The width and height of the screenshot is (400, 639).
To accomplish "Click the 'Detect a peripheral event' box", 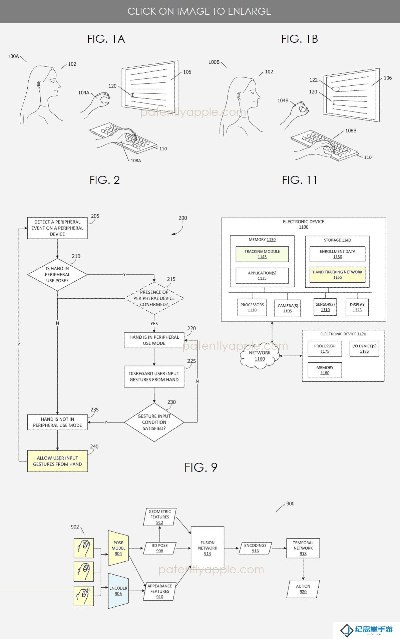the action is pyautogui.click(x=57, y=228).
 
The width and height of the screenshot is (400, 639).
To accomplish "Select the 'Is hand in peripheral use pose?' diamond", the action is pyautogui.click(x=57, y=275).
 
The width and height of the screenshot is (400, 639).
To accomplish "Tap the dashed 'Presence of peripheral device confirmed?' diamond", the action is pyautogui.click(x=154, y=298).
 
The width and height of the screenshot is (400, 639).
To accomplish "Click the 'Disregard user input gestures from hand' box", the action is pyautogui.click(x=154, y=376).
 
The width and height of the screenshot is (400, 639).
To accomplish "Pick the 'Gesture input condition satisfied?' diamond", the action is pyautogui.click(x=154, y=422).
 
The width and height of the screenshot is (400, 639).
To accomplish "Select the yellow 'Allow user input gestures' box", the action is pyautogui.click(x=57, y=461).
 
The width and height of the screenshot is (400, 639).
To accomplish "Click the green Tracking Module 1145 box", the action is pyautogui.click(x=262, y=254).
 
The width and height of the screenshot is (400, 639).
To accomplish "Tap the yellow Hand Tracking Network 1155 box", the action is pyautogui.click(x=338, y=275).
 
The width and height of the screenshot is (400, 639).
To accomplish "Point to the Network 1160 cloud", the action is pyautogui.click(x=260, y=356).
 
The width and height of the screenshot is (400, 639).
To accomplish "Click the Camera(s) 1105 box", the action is pyautogui.click(x=288, y=308).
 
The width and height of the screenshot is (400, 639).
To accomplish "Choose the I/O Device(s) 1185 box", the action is pyautogui.click(x=364, y=349).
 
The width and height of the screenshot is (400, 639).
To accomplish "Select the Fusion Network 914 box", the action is pyautogui.click(x=208, y=548).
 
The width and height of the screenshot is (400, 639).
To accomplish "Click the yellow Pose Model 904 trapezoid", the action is pyautogui.click(x=118, y=548).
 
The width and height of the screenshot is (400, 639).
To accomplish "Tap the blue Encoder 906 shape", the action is pyautogui.click(x=118, y=591).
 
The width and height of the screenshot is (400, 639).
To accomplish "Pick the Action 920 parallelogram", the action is pyautogui.click(x=303, y=589).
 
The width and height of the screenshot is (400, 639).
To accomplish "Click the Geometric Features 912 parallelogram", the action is pyautogui.click(x=160, y=517).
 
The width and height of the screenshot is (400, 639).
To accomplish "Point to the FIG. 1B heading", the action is pyautogui.click(x=300, y=39).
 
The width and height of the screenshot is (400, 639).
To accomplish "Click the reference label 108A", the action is pyautogui.click(x=136, y=161).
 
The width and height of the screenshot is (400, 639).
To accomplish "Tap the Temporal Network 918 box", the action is pyautogui.click(x=303, y=548).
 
